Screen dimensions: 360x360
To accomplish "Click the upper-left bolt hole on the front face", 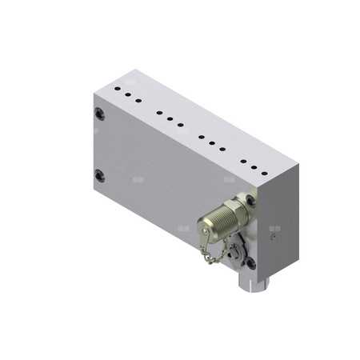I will tap(100, 114).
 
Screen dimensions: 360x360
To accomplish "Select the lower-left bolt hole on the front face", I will tap(100, 175).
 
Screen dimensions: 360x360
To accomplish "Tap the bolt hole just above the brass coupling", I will tap(250, 201).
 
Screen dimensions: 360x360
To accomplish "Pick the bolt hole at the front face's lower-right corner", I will tap(250, 262).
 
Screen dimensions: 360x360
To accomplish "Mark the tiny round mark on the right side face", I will tap(273, 237).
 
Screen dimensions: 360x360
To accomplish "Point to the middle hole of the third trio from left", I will tap(212, 142).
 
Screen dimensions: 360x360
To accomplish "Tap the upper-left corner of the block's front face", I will tap(94, 96).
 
